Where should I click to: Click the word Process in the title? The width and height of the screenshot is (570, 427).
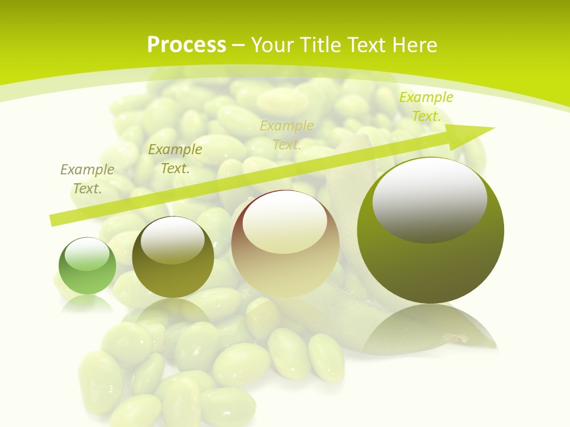(x=186, y=44)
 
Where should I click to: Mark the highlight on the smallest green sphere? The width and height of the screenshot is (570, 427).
(x=87, y=254)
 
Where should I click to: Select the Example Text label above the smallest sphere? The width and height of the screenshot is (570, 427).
(x=87, y=179)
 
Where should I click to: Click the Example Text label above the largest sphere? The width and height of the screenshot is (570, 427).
(x=426, y=107)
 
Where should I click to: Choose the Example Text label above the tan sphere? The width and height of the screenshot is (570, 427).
(x=287, y=135)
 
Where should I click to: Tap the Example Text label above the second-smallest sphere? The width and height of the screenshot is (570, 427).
(x=175, y=159)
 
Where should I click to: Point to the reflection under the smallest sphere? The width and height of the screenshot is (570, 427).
(x=87, y=302)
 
